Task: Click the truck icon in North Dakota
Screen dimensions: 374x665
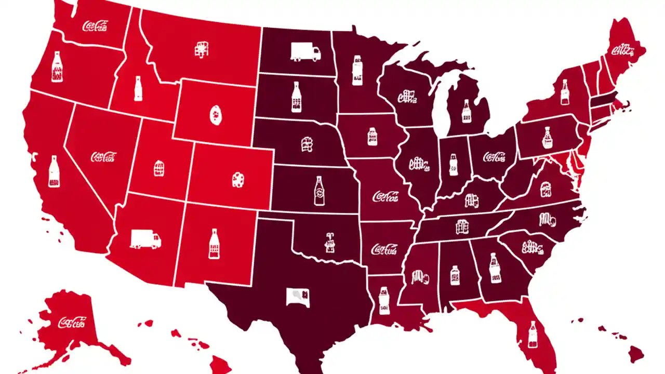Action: [305, 51]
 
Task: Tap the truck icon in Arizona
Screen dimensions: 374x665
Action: [145, 239]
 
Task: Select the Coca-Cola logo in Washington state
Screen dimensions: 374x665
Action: [96, 26]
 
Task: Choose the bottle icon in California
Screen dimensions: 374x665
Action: [53, 171]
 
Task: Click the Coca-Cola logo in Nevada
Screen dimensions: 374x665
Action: [103, 156]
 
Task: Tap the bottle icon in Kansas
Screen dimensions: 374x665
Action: [319, 191]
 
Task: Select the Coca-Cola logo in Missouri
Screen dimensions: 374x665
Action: [385, 196]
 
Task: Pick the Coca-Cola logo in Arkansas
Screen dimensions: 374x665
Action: [384, 249]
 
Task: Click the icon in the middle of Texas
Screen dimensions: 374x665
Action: [299, 298]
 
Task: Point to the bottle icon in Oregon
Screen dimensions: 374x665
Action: [57, 69]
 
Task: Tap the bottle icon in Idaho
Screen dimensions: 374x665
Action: [138, 88]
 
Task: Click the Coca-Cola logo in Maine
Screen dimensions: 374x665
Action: [623, 50]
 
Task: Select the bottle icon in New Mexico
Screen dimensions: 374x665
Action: [214, 244]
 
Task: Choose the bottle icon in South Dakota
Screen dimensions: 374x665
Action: [296, 97]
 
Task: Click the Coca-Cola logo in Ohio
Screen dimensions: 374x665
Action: [494, 156]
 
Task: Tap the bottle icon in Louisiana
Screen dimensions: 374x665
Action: [384, 300]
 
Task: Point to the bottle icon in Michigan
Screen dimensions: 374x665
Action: [465, 111]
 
